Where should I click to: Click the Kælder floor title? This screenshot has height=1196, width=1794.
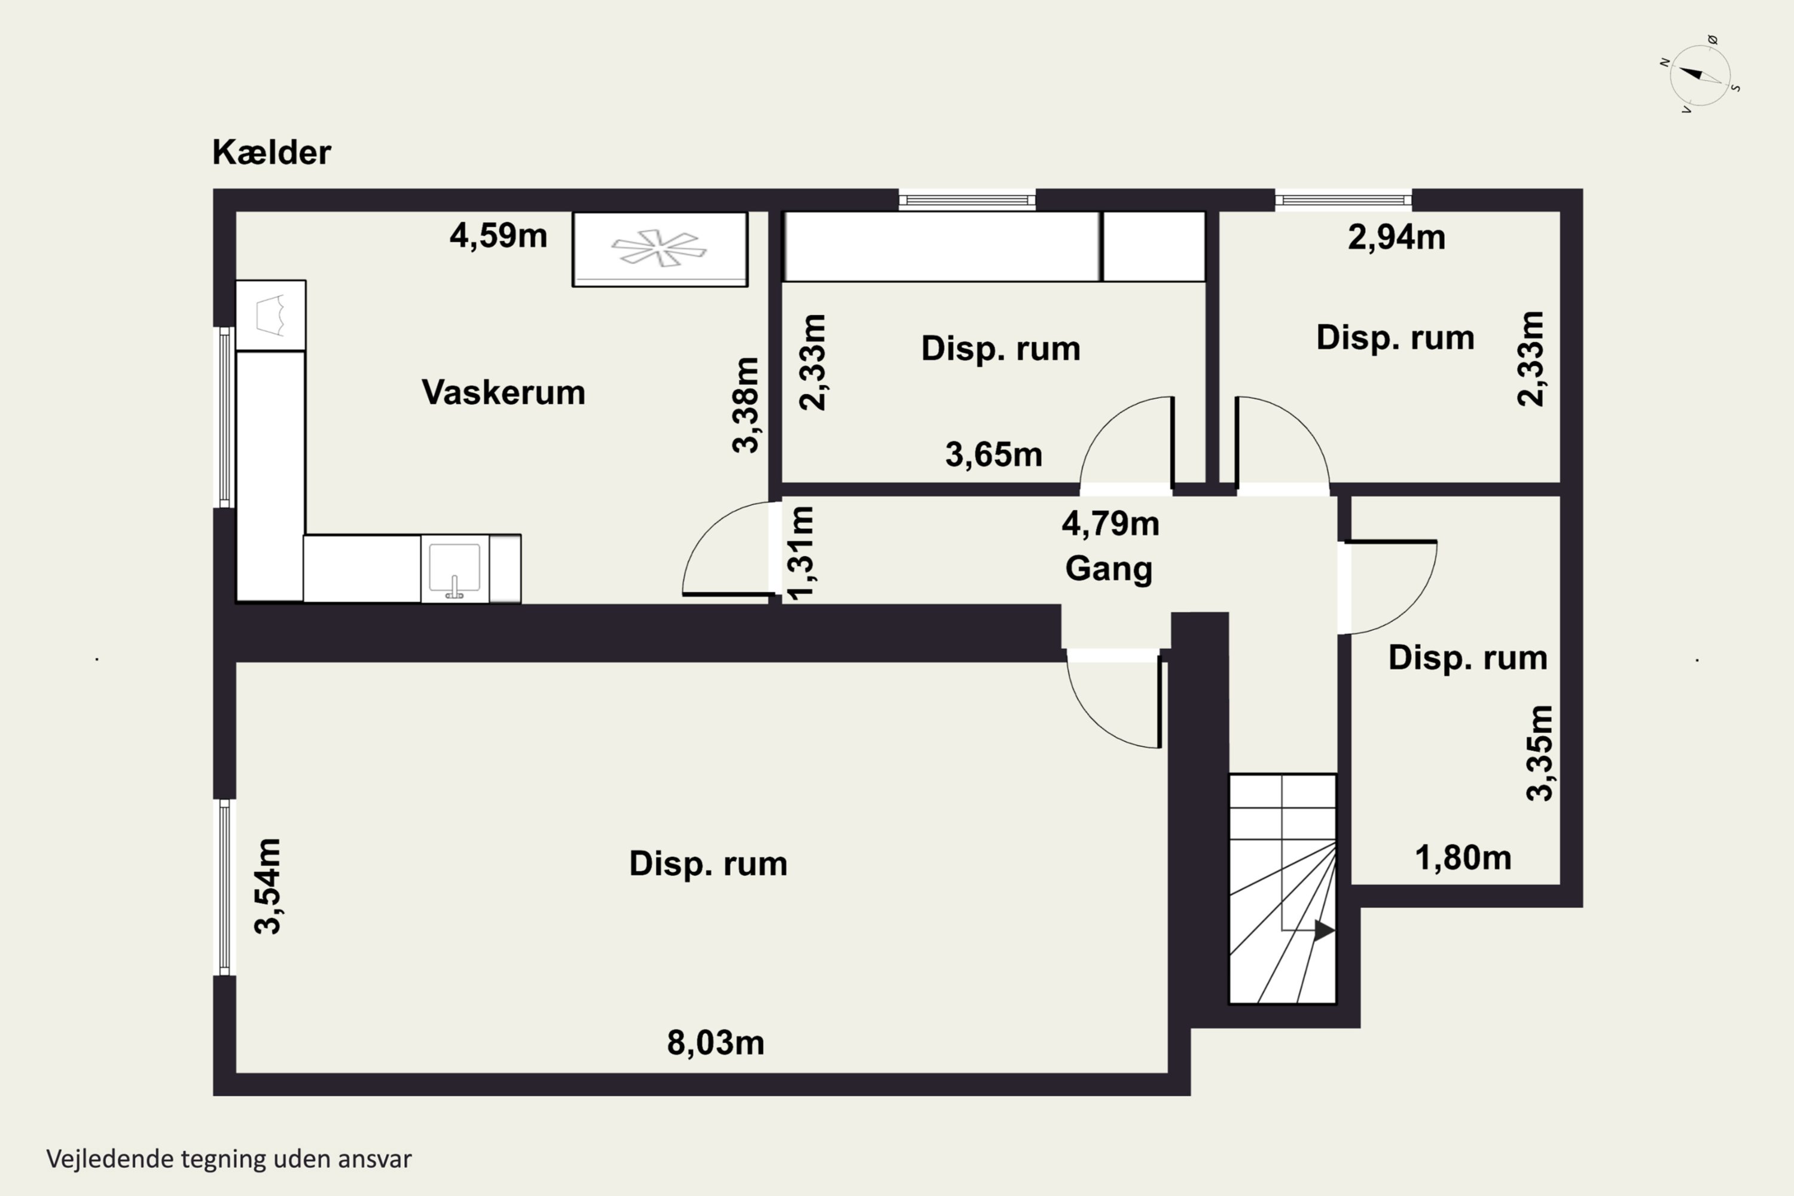[x=271, y=152]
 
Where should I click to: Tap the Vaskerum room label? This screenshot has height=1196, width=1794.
[x=504, y=392]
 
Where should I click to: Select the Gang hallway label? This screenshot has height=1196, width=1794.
[x=1108, y=568]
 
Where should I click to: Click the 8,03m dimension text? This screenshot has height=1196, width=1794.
[x=715, y=1043]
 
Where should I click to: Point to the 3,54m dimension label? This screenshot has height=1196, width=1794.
[x=268, y=886]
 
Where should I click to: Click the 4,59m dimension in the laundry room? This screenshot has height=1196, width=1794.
[x=498, y=236]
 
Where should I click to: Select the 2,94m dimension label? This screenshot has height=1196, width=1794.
[x=1396, y=237]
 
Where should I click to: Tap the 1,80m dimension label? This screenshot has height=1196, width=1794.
[x=1462, y=858]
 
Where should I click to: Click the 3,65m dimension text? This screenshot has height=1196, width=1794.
[x=993, y=454]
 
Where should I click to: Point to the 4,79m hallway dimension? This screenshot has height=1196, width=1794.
[x=1110, y=524]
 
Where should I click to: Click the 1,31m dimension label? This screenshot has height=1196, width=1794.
[x=801, y=553]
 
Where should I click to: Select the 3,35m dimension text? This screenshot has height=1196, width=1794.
[x=1539, y=753]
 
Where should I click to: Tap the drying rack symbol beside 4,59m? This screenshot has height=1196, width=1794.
[x=660, y=248]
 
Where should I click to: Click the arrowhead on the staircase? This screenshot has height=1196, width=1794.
[x=1323, y=930]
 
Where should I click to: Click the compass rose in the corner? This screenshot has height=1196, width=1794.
[x=1700, y=75]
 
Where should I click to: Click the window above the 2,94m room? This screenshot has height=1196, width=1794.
[x=1343, y=200]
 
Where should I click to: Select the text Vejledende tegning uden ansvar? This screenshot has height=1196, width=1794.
[x=229, y=1160]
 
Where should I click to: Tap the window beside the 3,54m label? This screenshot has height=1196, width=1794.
[x=224, y=887]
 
